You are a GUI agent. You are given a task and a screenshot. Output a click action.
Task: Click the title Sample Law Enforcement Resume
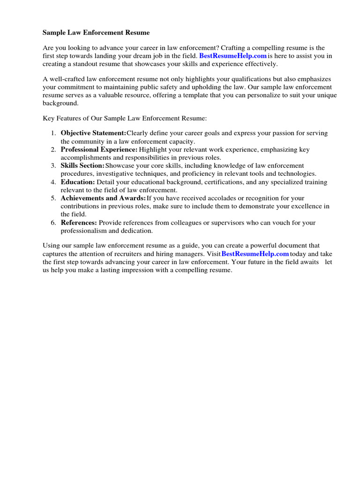96,33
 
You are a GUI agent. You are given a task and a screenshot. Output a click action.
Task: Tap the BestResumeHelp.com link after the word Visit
255,254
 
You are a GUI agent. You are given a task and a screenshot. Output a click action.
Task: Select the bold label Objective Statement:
93,133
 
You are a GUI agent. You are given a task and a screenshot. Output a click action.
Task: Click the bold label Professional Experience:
99,150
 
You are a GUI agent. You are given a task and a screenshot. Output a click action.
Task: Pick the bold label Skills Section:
82,165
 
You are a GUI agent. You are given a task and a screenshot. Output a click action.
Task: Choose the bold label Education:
78,182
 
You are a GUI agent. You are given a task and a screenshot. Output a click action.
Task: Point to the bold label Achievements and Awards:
103,198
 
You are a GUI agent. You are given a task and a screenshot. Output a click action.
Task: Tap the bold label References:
79,223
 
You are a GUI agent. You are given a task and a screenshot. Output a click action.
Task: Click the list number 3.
53,165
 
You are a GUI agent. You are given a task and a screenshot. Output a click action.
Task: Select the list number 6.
53,223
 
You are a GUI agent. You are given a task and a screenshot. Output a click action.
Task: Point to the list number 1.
53,133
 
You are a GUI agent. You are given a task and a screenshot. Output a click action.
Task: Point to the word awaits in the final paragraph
308,262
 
